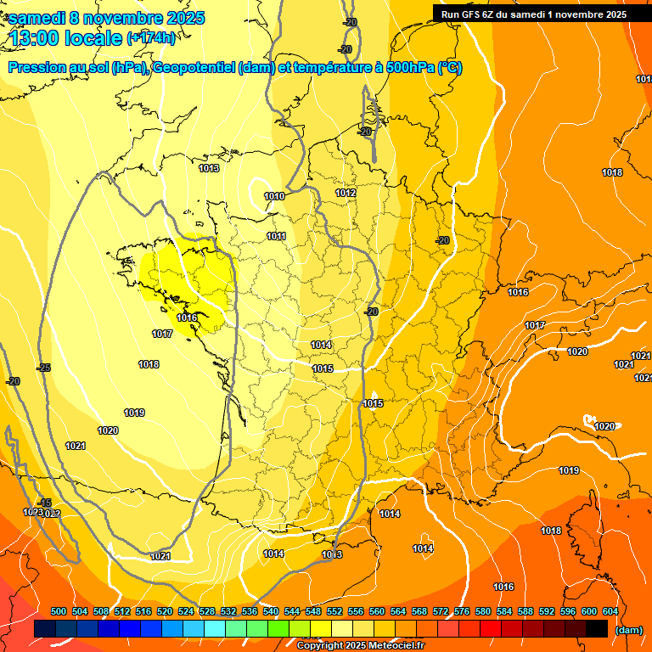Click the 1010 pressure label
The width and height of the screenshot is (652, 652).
tap(273, 196)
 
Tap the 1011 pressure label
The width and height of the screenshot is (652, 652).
tap(276, 236)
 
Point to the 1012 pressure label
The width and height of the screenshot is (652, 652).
tap(346, 193)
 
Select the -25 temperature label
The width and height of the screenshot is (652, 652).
tap(43, 368)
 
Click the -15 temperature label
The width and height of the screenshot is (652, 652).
tap(45, 503)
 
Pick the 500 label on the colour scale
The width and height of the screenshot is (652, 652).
tap(59, 611)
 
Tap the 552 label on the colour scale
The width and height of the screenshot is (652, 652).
tap(334, 611)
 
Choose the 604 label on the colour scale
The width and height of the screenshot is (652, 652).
tap(610, 611)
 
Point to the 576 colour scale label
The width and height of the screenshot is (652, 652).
tap(462, 611)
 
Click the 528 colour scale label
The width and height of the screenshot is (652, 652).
tap(207, 611)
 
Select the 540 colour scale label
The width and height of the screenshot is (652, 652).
tap(271, 611)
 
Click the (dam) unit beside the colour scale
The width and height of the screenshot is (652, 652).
tap(628, 630)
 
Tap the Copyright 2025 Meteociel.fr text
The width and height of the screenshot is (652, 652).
tap(360, 645)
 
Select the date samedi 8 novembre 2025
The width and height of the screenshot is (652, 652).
tap(106, 18)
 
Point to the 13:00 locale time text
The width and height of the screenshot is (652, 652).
tap(66, 38)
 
